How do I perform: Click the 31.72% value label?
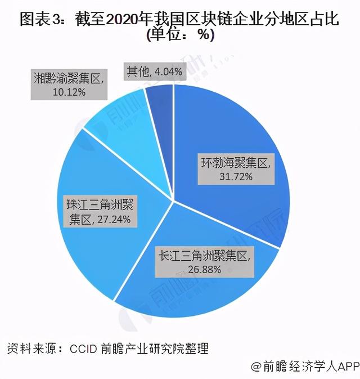coord(236,176)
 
